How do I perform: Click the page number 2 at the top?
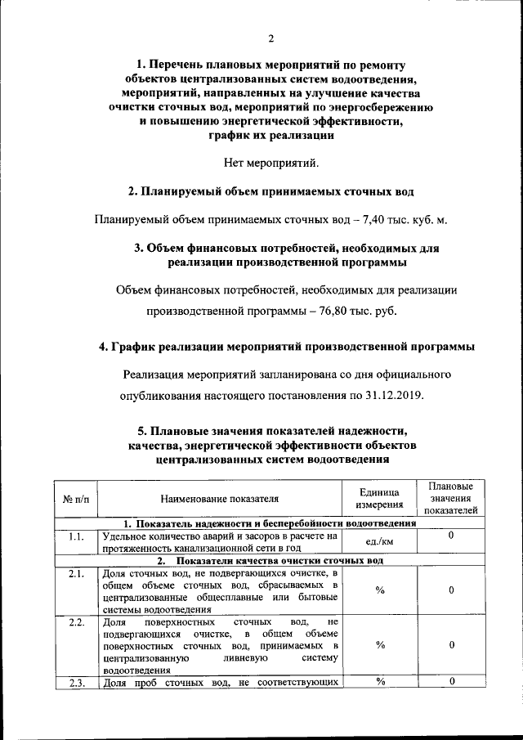coord(270,38)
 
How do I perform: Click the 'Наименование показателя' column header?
coord(219,498)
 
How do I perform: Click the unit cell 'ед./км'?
coord(379,542)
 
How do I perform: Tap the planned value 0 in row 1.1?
coord(451,536)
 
